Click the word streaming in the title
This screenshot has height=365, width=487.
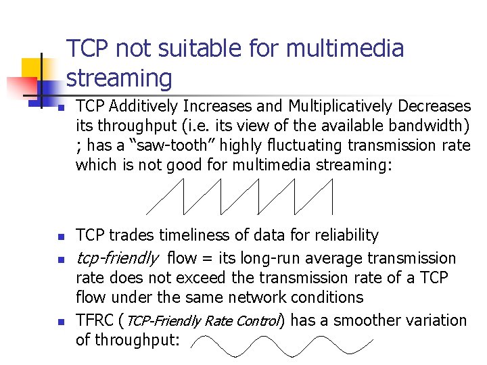point(119,78)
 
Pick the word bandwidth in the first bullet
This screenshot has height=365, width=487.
point(430,126)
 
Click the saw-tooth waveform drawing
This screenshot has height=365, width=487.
point(240,197)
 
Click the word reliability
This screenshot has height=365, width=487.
point(346,235)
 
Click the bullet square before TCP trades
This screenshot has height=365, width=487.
point(60,237)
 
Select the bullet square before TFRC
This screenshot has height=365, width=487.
point(60,322)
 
